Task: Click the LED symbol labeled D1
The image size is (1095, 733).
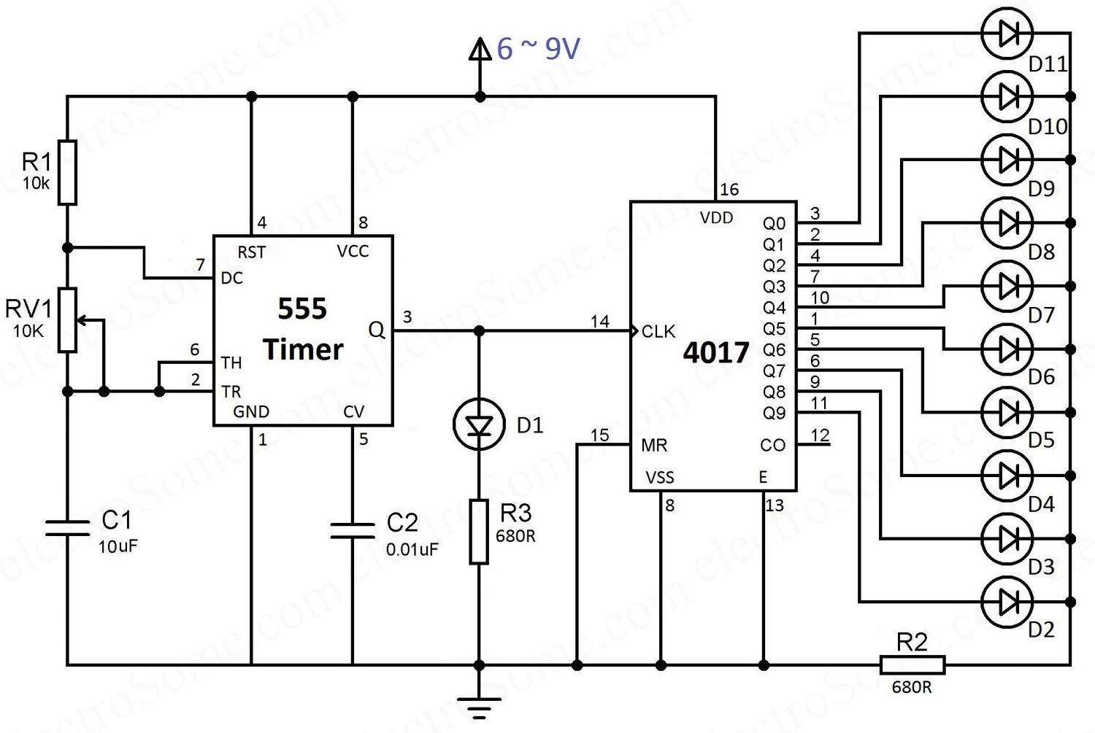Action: pos(479,424)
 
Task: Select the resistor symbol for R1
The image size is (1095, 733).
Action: pos(67,172)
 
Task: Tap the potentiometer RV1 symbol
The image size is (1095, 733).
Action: pos(68,320)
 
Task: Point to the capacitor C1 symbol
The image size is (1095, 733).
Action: pos(67,528)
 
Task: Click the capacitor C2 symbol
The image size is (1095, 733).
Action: pos(353,530)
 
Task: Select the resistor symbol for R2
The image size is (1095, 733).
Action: pos(912,664)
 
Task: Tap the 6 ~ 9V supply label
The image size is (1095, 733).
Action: pos(538,49)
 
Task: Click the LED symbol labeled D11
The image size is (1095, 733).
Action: pos(1007,33)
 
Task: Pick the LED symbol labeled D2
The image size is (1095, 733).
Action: pos(1007,602)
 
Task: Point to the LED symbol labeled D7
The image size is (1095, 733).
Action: pos(1007,286)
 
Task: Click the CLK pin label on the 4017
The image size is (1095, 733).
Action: pos(658,332)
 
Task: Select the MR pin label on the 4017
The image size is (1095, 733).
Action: pos(654,445)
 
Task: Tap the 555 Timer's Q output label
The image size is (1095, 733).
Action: pos(377,330)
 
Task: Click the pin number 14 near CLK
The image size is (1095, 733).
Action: pos(600,321)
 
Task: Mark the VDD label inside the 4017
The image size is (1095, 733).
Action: pos(716,217)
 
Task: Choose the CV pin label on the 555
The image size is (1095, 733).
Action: pos(353,412)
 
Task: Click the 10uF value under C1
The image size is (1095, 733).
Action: pos(118,546)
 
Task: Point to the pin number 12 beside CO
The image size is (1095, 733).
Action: pos(820,435)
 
